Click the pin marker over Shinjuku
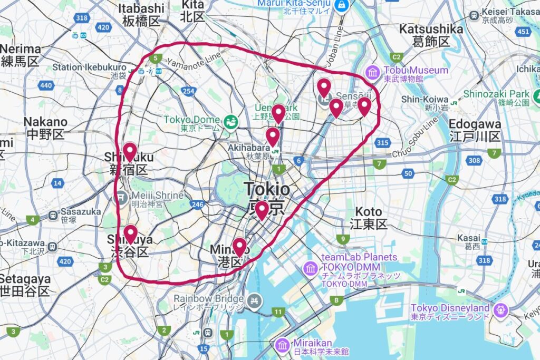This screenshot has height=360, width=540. [129, 152]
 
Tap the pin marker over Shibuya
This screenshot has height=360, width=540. [130, 234]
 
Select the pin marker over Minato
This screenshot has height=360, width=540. [240, 247]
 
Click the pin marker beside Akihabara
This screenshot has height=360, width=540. [273, 137]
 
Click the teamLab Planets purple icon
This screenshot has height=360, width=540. [311, 269]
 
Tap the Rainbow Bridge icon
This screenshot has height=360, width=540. [255, 300]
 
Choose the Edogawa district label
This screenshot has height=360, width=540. [475, 130]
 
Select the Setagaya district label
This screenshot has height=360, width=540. [25, 285]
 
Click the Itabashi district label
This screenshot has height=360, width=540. [141, 15]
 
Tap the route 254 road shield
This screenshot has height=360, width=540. [188, 92]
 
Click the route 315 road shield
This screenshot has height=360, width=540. [383, 143]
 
